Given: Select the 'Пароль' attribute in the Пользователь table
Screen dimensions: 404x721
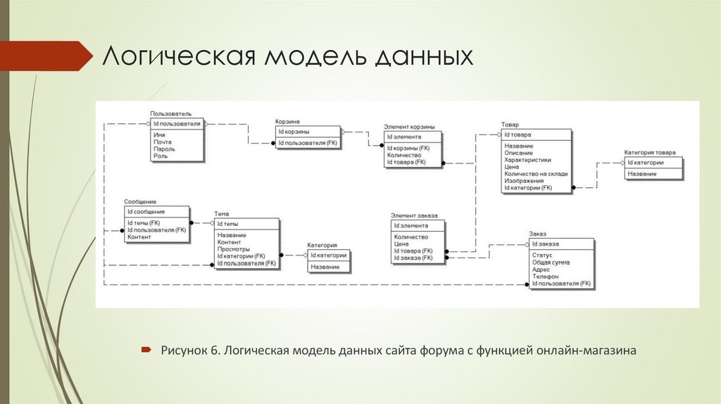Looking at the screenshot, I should coord(164,149).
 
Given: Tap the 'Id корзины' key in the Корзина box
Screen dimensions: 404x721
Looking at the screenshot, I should coord(294,132).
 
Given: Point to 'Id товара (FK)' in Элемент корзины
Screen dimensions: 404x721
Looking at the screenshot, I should coord(406,162).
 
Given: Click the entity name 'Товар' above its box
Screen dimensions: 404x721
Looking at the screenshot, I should coord(510,125).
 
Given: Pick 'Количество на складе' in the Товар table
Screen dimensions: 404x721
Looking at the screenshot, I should coord(536,174).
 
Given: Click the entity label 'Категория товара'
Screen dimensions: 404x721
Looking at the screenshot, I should coord(649,153).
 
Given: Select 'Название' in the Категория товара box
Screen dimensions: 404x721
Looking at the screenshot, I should coord(642,174).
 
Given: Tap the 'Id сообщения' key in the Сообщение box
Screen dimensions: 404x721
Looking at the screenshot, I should coord(146,211).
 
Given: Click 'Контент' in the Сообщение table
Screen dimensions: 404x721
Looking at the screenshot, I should coord(139,237).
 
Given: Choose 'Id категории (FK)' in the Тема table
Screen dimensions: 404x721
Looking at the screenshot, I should coord(241,256).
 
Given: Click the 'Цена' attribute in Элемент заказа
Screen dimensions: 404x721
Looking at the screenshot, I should coord(402,244).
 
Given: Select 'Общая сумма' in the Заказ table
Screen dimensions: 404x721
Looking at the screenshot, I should coord(551,263).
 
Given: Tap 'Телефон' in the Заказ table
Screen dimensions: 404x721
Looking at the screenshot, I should coord(545,277).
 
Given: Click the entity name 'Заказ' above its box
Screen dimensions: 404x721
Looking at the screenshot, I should coord(538,234).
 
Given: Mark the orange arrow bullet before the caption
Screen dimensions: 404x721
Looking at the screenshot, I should coord(145,349).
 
